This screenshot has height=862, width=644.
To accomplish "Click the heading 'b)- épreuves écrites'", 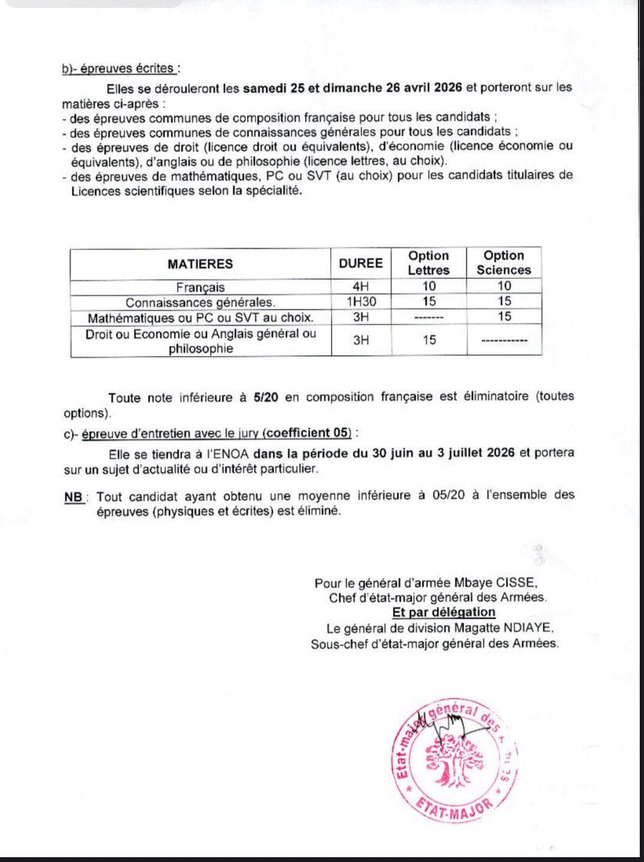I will point(119,68).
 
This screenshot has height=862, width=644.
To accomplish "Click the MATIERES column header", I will point(200,264).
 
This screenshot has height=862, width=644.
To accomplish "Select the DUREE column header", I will point(360,263).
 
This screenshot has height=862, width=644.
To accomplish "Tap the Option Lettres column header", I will point(428,263).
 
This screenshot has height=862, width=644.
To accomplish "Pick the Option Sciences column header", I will point(503,263).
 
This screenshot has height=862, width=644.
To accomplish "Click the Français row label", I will point(200,288).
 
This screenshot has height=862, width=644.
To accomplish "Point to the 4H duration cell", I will point(360,286).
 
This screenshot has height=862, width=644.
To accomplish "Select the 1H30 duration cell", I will point(360,301).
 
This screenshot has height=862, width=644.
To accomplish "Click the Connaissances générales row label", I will point(200,303).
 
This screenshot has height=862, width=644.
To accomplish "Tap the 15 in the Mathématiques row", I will point(504,316).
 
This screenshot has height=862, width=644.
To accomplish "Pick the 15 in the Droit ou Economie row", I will point(429,340).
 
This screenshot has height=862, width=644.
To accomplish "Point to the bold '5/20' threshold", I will point(266,397).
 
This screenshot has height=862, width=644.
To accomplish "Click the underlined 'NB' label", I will point(74,497).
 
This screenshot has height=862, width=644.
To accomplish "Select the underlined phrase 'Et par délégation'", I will point(443,612).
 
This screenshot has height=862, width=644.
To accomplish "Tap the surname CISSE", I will point(514,582).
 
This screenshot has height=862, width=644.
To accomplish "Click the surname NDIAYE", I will point(528,628).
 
